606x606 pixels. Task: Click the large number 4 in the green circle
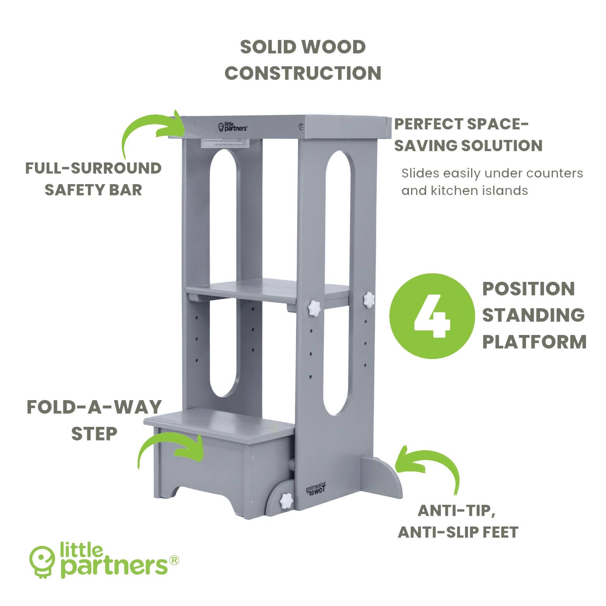[x=432, y=316]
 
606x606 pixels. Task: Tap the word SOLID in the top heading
[x=268, y=47]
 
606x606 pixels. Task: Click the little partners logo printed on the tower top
[x=233, y=126]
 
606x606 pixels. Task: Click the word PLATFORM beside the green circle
[x=534, y=342]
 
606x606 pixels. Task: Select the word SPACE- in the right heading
[x=497, y=124]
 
